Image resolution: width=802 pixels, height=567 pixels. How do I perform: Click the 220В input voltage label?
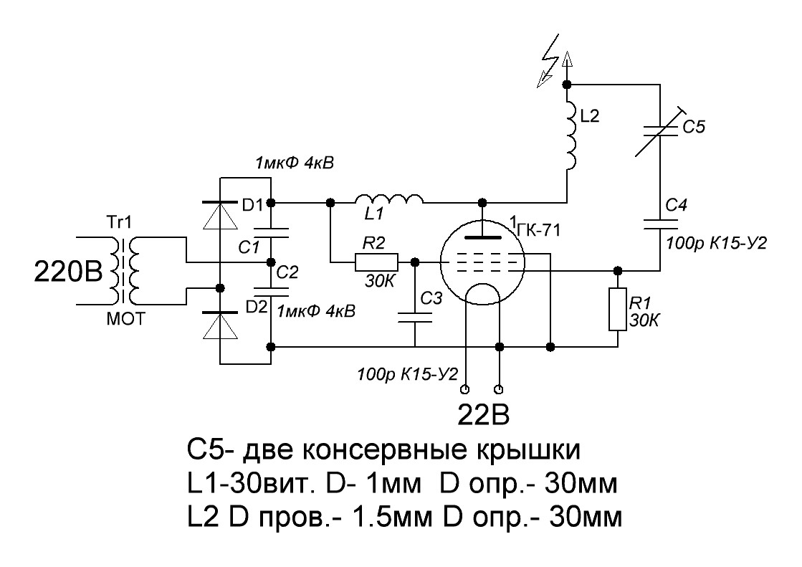click(69, 271)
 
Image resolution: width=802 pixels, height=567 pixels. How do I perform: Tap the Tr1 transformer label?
click(119, 222)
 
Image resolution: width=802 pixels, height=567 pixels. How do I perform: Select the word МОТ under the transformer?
click(126, 319)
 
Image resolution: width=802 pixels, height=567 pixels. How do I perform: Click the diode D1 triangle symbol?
click(220, 215)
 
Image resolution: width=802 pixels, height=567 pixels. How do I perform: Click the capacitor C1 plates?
click(271, 233)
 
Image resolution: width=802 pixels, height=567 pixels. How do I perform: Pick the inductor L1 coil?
click(389, 199)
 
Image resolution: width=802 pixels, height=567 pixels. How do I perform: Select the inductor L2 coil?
click(571, 135)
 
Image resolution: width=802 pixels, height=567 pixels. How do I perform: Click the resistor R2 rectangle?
click(376, 262)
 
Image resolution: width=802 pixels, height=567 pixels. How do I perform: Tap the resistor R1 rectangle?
click(617, 309)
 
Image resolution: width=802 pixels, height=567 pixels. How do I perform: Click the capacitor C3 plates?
click(415, 317)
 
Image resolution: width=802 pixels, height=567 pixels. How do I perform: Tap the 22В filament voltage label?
click(483, 416)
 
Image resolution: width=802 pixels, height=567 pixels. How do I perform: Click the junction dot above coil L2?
click(567, 84)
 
